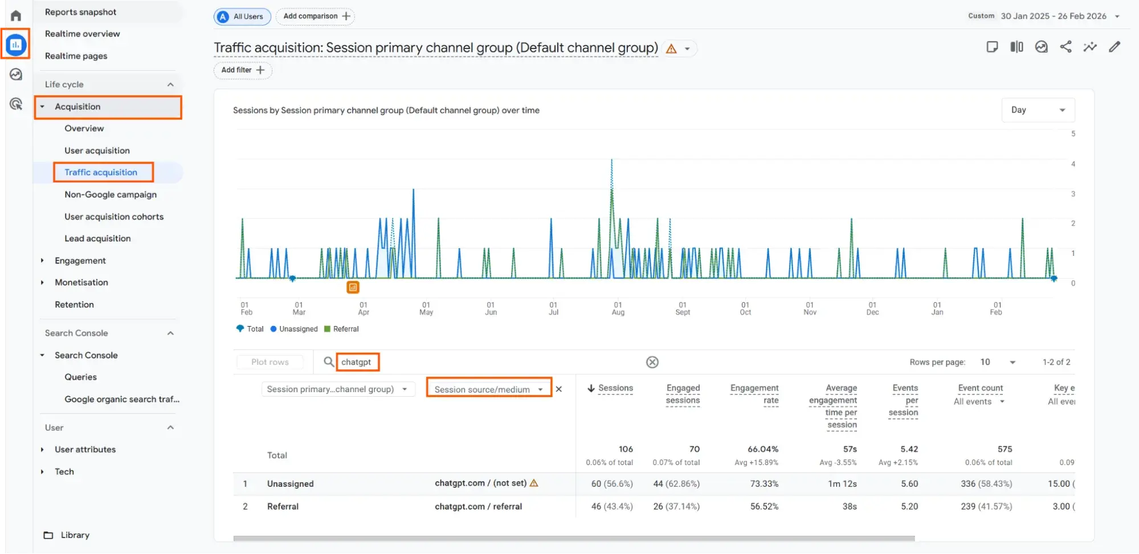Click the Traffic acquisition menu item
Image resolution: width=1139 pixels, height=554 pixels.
[101, 172]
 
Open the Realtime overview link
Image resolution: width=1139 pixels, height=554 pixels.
[82, 34]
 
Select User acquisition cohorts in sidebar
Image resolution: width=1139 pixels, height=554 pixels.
[114, 217]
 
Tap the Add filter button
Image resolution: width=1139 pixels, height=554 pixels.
[243, 70]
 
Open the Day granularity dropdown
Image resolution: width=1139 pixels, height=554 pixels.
[1038, 110]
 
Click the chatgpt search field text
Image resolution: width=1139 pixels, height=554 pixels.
[356, 362]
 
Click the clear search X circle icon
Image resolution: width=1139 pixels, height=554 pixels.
[652, 362]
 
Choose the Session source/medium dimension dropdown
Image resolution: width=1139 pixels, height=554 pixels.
[488, 389]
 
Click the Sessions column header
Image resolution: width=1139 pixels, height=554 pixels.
[615, 388]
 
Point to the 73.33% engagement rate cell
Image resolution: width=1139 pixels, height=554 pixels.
[764, 484]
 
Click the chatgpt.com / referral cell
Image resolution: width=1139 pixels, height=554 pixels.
[478, 506]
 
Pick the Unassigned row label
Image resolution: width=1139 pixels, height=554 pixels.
[290, 484]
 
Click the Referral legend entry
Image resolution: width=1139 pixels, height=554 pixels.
[345, 329]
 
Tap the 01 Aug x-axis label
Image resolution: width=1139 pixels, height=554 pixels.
[618, 308]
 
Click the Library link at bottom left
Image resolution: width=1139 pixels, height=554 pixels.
[75, 535]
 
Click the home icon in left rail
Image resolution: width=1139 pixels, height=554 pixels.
[16, 15]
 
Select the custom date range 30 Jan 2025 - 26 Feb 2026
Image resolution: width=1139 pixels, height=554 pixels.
[1053, 16]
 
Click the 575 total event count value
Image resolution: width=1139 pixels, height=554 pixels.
[1005, 449]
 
